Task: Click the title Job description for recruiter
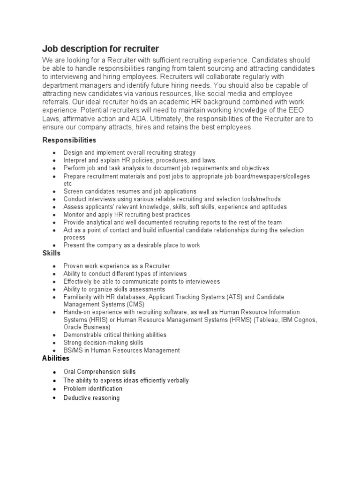[x=101, y=49]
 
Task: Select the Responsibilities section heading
[x=69, y=140]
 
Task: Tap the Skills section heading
[x=52, y=253]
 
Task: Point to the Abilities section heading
[x=56, y=358]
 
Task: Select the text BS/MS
[x=73, y=350]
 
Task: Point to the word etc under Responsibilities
[x=67, y=184]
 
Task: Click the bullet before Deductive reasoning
[x=54, y=398]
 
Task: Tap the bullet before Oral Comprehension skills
[x=54, y=372]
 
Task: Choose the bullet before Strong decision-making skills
[x=54, y=343]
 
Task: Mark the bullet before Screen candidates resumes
[x=54, y=191]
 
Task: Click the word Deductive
[x=77, y=398]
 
